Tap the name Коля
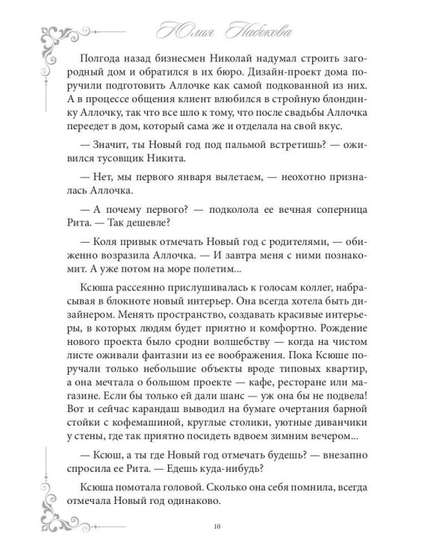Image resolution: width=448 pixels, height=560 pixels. (x=125, y=262)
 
